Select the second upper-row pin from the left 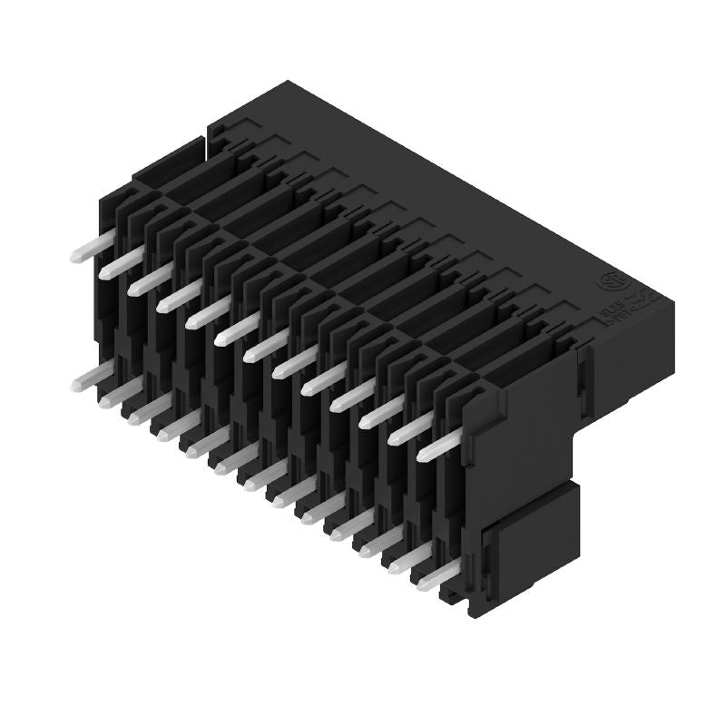click(x=122, y=263)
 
